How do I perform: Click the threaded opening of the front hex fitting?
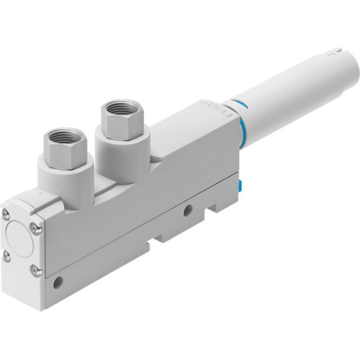click(x=67, y=138)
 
